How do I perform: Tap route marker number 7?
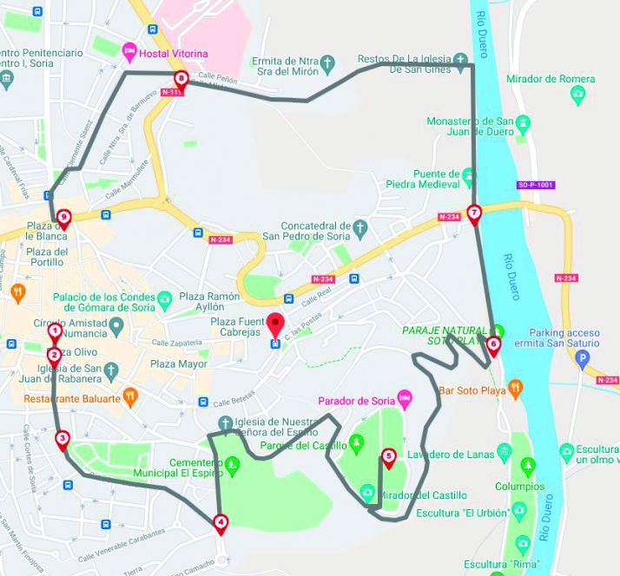473,213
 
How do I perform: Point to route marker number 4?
221,522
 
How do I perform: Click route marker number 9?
63,218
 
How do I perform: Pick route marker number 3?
62,439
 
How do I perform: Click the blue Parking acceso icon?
583,357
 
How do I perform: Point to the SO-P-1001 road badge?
536,185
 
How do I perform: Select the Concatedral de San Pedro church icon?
364,226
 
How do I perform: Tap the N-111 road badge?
180,91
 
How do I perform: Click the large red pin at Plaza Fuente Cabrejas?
275,325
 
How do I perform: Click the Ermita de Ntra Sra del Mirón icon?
326,62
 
